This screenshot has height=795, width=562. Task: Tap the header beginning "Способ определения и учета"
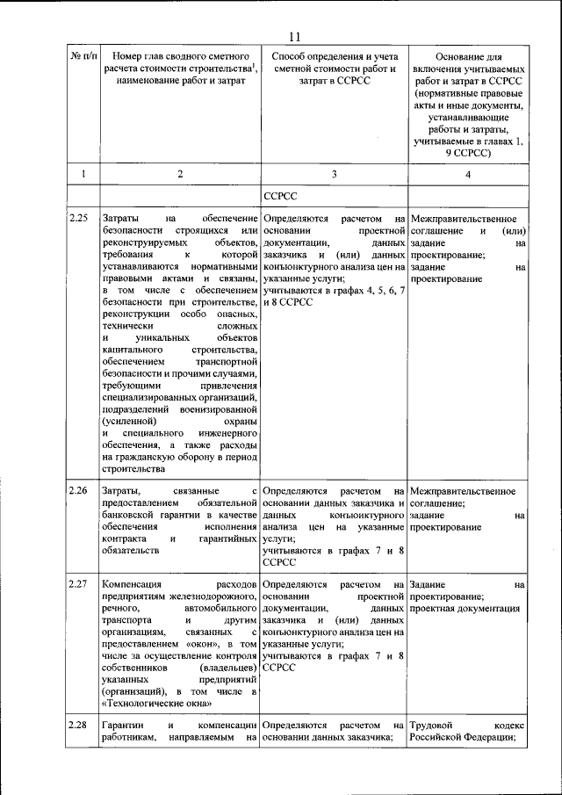(334, 68)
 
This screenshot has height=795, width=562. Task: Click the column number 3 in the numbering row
(334, 174)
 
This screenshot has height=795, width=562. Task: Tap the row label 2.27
(79, 584)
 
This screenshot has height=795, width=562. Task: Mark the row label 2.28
(79, 726)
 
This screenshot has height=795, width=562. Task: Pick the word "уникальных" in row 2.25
(155, 337)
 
